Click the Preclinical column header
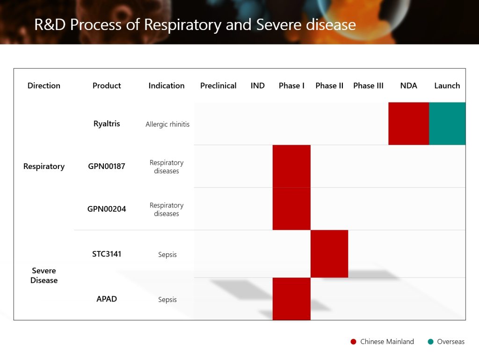[218, 86]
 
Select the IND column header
[258, 86]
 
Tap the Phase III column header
[368, 86]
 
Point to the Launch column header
[447, 86]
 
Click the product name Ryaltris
[107, 124]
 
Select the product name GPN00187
[107, 166]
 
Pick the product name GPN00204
[107, 209]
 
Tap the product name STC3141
[107, 254]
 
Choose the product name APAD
[107, 299]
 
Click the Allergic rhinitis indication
[167, 125]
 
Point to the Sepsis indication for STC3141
[167, 255]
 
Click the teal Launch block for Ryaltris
[447, 124]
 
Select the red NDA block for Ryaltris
[409, 124]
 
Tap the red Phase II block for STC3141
[329, 254]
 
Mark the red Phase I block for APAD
[291, 299]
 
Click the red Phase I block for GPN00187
[291, 166]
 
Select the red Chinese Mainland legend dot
[354, 342]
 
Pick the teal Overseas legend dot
[431, 342]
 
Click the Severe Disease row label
[44, 275]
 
